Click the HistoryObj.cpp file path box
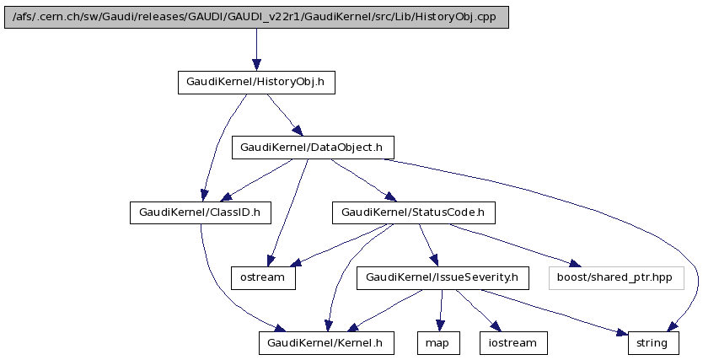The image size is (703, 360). (x=256, y=17)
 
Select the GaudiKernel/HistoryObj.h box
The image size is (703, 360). (x=256, y=82)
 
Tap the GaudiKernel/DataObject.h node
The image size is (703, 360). (x=312, y=148)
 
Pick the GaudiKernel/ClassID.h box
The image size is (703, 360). (x=200, y=212)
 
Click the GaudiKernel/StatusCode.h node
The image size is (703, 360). (x=412, y=212)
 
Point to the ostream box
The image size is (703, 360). (x=264, y=277)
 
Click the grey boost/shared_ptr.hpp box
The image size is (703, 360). (x=615, y=277)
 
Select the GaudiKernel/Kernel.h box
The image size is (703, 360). (x=325, y=342)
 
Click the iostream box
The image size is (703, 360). (x=512, y=342)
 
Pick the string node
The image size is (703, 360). (x=652, y=342)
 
